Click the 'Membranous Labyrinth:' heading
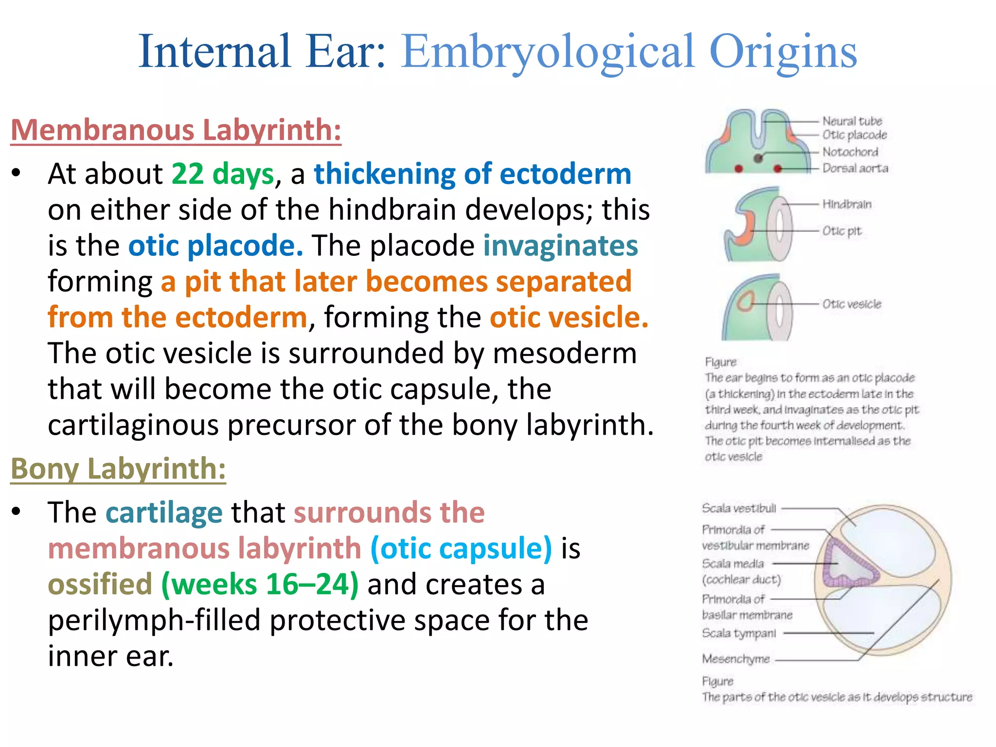(x=176, y=130)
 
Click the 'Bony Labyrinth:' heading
(x=118, y=469)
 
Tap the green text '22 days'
(x=223, y=174)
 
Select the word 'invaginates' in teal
(x=560, y=246)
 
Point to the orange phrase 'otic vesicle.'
(x=569, y=318)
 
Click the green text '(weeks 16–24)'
(x=260, y=584)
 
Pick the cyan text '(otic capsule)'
(x=461, y=548)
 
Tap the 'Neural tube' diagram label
(x=852, y=121)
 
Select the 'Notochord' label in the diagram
(x=850, y=152)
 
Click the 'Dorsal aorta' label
(x=855, y=168)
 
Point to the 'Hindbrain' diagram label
(x=847, y=204)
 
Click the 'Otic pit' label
(x=841, y=231)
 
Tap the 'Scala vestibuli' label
(x=739, y=508)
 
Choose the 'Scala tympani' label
(x=739, y=633)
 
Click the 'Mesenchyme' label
(x=736, y=659)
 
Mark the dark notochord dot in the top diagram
(x=758, y=158)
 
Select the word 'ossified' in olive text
(x=100, y=584)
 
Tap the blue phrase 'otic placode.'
(x=215, y=246)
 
